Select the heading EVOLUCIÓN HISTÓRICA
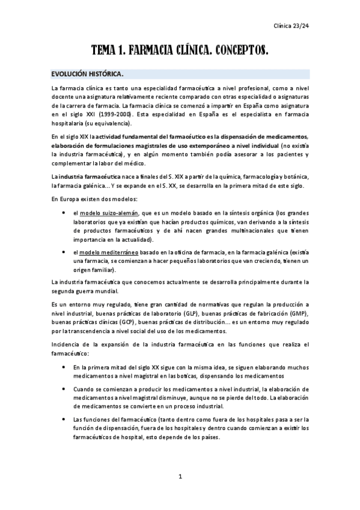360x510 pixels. point(88,75)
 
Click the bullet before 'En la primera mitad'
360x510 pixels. point(64,366)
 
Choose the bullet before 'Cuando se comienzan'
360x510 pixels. point(64,389)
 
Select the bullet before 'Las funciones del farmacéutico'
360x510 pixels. point(64,420)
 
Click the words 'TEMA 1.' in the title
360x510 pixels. point(112,52)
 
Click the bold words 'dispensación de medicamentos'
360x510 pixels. point(262,137)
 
